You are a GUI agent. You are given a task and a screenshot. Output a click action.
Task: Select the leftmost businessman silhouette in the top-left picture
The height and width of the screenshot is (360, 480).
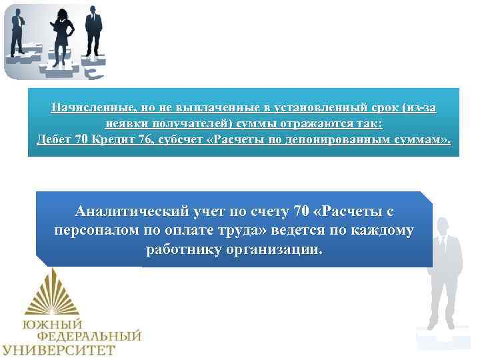click(18, 30)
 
